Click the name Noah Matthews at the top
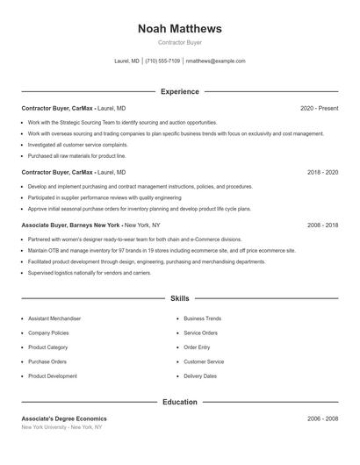click(x=179, y=29)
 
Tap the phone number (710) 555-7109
click(x=162, y=61)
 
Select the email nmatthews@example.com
click(x=215, y=61)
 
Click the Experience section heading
click(x=179, y=91)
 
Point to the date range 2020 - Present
click(x=319, y=108)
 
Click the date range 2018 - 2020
click(x=322, y=173)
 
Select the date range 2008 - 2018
click(x=322, y=225)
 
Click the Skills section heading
click(x=179, y=299)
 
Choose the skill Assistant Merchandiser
click(x=54, y=318)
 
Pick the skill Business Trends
click(x=202, y=318)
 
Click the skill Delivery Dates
click(x=200, y=376)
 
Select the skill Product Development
click(x=53, y=376)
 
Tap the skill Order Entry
click(x=198, y=347)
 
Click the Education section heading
click(x=179, y=402)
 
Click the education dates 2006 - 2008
click(x=322, y=418)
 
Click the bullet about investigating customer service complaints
click(x=77, y=144)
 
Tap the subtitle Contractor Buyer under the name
click(x=179, y=42)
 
